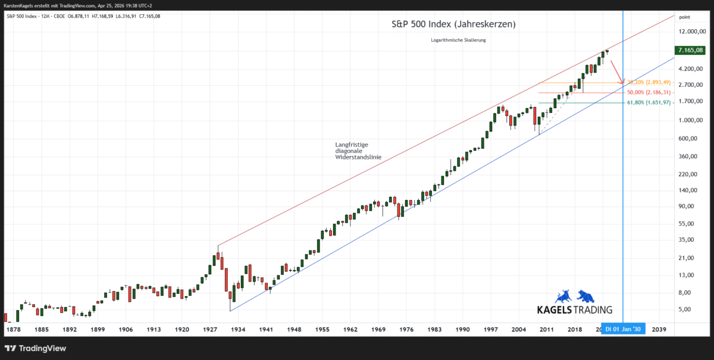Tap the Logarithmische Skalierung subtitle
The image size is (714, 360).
point(458,40)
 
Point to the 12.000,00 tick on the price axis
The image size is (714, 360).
point(691,32)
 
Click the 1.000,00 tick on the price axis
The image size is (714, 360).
point(693,120)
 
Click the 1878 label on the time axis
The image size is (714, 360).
point(13,329)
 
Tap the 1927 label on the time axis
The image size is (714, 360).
point(210,329)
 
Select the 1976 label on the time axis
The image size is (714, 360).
point(406,329)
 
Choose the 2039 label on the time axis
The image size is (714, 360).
point(659,329)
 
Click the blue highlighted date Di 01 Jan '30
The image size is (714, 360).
point(623,329)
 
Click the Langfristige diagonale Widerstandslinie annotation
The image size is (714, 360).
point(358,151)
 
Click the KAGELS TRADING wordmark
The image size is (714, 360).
point(574,310)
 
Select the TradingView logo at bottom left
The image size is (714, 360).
point(36,348)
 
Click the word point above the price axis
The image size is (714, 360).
point(684,17)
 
